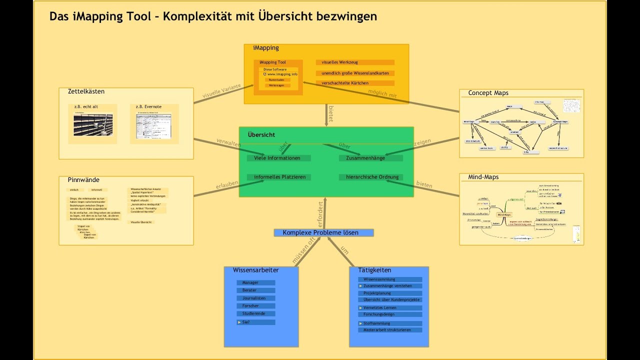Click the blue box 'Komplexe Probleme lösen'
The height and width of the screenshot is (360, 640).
coord(323,232)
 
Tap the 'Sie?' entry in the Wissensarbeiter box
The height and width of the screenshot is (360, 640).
coord(255,322)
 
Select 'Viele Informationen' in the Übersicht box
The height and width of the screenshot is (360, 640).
coord(278,158)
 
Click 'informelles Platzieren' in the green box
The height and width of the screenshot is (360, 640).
coord(279,177)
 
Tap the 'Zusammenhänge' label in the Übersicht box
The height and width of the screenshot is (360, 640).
coord(370,158)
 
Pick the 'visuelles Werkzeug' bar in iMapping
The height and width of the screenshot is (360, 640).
coord(355,62)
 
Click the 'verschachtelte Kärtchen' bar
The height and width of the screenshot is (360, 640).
coord(355,83)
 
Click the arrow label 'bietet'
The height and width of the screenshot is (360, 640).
coord(330,114)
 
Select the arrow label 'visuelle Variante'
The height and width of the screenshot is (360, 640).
coord(221,90)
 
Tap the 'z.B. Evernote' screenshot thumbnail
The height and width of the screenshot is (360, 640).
coord(154,126)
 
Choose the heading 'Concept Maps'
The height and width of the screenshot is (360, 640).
coord(488,93)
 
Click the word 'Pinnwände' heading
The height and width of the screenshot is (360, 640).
coord(83,179)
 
